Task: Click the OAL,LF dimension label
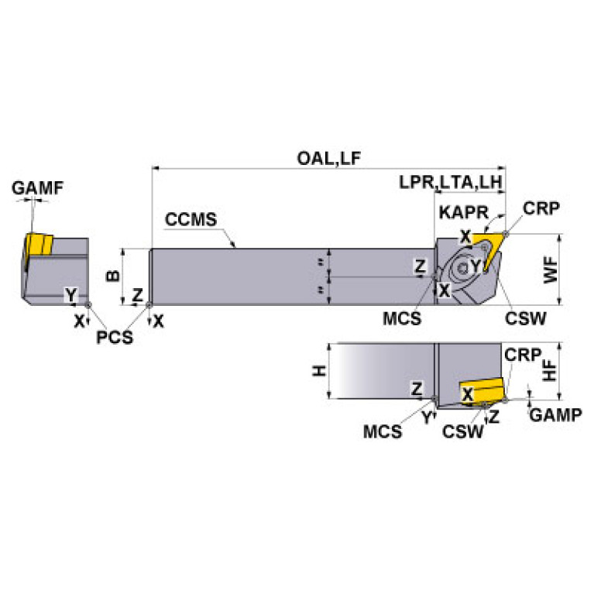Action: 329,159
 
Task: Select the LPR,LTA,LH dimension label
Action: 452,184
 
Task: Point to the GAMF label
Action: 38,188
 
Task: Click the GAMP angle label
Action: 555,415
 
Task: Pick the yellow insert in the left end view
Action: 36,245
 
